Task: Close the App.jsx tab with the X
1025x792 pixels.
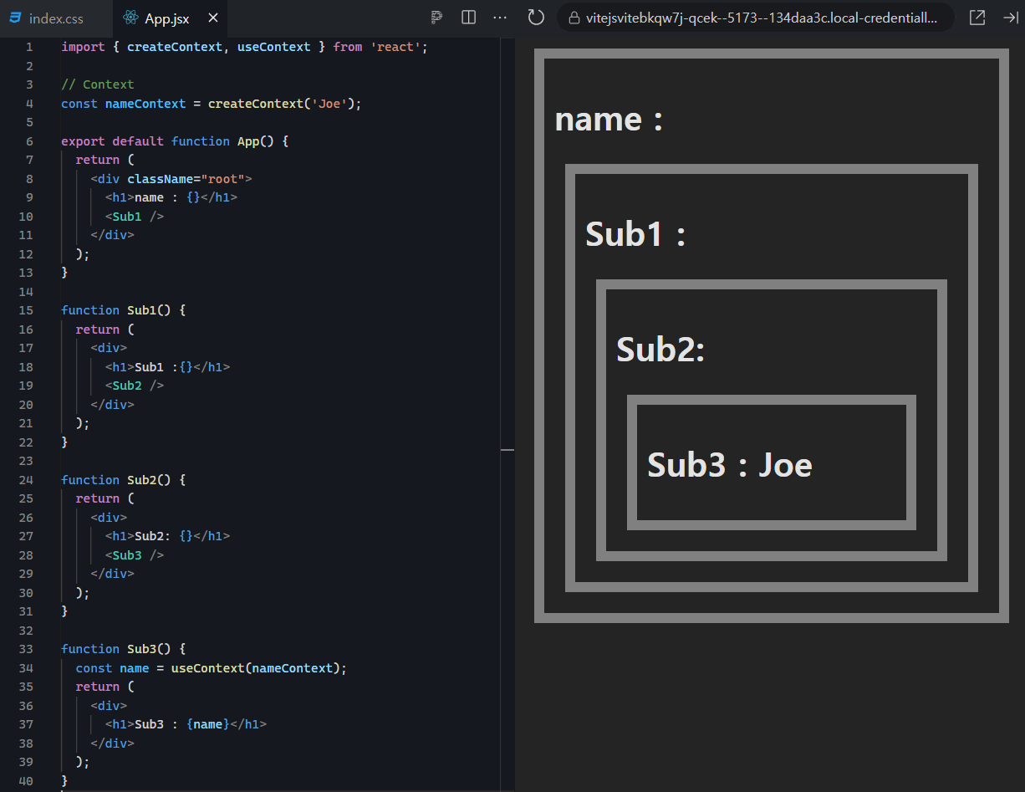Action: (213, 18)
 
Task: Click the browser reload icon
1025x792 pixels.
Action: (536, 18)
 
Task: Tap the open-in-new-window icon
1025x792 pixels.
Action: (977, 18)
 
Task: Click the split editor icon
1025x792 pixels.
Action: (468, 18)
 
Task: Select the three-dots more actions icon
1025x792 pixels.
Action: (500, 18)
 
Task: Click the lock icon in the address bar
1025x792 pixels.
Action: (574, 18)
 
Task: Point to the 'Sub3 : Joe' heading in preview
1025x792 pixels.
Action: (729, 465)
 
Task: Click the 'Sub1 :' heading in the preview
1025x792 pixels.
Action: (635, 234)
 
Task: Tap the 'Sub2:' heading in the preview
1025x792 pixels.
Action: (660, 350)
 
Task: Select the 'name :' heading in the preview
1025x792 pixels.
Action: (609, 120)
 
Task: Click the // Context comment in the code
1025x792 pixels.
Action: (98, 84)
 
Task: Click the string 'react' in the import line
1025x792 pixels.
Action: (395, 47)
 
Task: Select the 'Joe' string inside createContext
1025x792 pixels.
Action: (329, 104)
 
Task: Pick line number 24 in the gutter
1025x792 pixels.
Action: (26, 480)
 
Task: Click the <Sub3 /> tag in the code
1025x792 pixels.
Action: (135, 555)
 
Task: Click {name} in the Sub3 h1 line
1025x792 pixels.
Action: (207, 724)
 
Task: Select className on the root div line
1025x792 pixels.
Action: (161, 179)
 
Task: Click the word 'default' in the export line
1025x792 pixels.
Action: (138, 141)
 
